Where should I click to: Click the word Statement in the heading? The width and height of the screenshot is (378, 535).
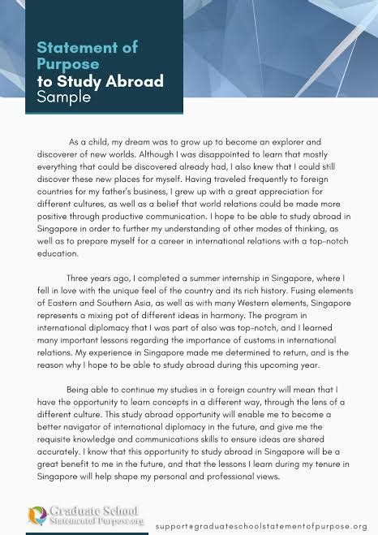68,49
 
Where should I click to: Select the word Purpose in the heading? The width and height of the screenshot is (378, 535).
67,65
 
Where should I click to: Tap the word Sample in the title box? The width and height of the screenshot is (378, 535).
64,97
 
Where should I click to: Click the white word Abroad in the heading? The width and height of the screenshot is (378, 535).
131,81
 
